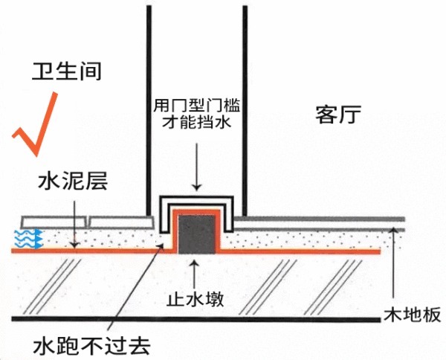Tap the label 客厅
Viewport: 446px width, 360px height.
[x=338, y=115]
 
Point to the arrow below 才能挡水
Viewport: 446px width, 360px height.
[x=196, y=165]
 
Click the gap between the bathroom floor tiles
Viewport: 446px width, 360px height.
[x=88, y=222]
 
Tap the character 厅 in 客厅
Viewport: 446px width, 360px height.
[x=352, y=115]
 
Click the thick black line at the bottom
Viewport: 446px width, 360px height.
[x=223, y=321]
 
